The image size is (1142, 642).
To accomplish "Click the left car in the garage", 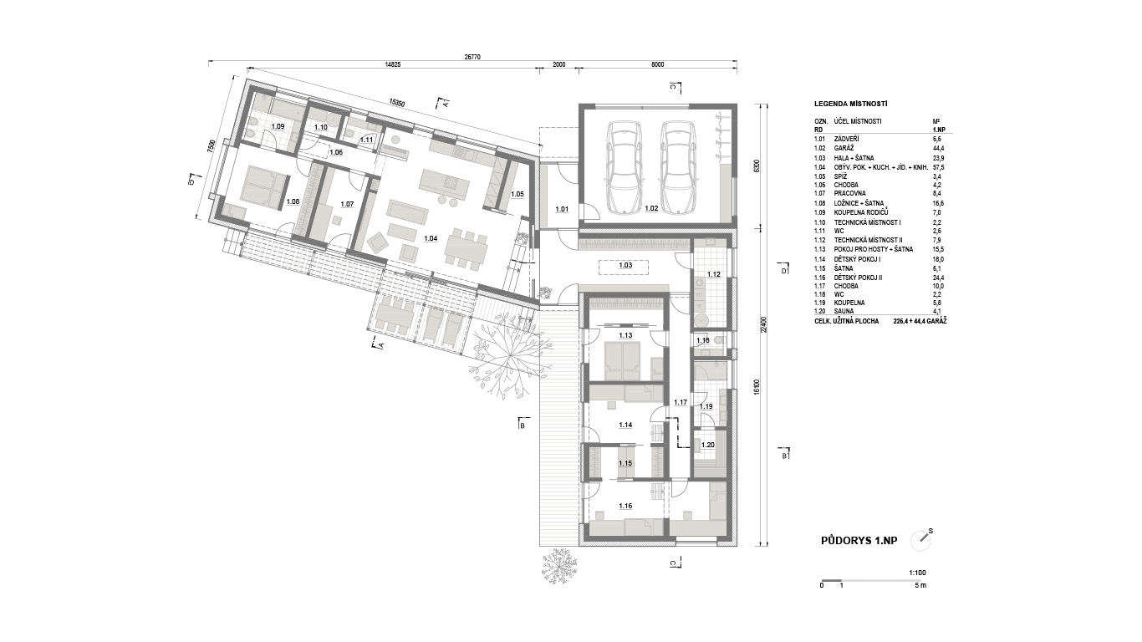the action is click(624, 168).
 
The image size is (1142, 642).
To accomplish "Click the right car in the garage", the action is click(678, 168).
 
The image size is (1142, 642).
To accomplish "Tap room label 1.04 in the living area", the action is click(431, 238).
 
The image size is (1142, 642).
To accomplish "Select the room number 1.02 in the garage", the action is click(651, 208).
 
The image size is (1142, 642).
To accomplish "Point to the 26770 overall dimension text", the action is click(472, 57).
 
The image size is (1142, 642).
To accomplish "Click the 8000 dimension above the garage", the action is click(658, 64).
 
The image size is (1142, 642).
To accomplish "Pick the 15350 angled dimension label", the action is click(396, 103).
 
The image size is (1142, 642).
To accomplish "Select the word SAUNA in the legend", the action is click(844, 311).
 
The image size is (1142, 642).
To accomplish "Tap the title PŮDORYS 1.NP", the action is click(859, 541).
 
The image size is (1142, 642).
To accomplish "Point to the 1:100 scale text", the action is click(917, 573).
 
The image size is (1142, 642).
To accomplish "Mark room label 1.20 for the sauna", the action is click(707, 446).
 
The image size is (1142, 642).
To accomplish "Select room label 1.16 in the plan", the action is click(625, 506).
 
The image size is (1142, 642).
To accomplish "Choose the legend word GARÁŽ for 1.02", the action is click(844, 149).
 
